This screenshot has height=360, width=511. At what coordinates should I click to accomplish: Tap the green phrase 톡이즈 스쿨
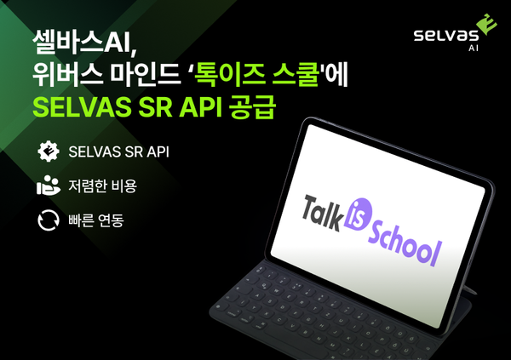pos(272,74)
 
